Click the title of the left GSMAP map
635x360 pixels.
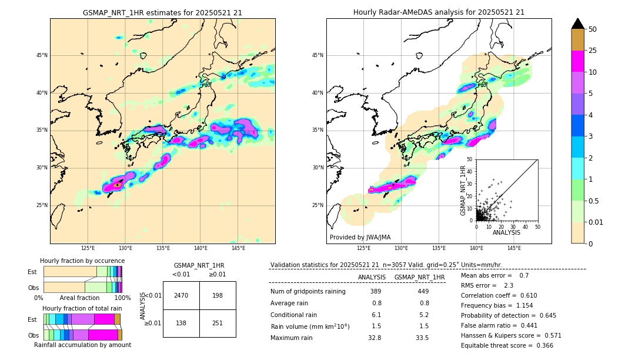162,12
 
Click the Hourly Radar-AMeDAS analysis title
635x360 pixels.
439,12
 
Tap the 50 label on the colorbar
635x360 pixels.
593,29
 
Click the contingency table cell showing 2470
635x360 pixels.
181,295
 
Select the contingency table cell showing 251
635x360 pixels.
218,323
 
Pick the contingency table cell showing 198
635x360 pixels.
218,295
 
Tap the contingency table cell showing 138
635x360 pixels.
181,323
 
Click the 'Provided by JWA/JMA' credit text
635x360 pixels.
360,237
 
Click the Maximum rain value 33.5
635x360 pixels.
422,338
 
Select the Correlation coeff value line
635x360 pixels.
499,295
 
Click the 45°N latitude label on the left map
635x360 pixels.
41,55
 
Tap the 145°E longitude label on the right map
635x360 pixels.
514,248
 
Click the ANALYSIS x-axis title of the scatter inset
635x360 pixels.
506,232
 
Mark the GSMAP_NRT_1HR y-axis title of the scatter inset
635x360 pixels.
463,190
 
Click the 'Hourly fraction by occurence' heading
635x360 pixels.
82,261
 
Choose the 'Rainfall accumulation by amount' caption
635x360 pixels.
82,345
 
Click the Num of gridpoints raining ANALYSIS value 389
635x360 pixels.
376,291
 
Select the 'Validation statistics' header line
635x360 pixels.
386,265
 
